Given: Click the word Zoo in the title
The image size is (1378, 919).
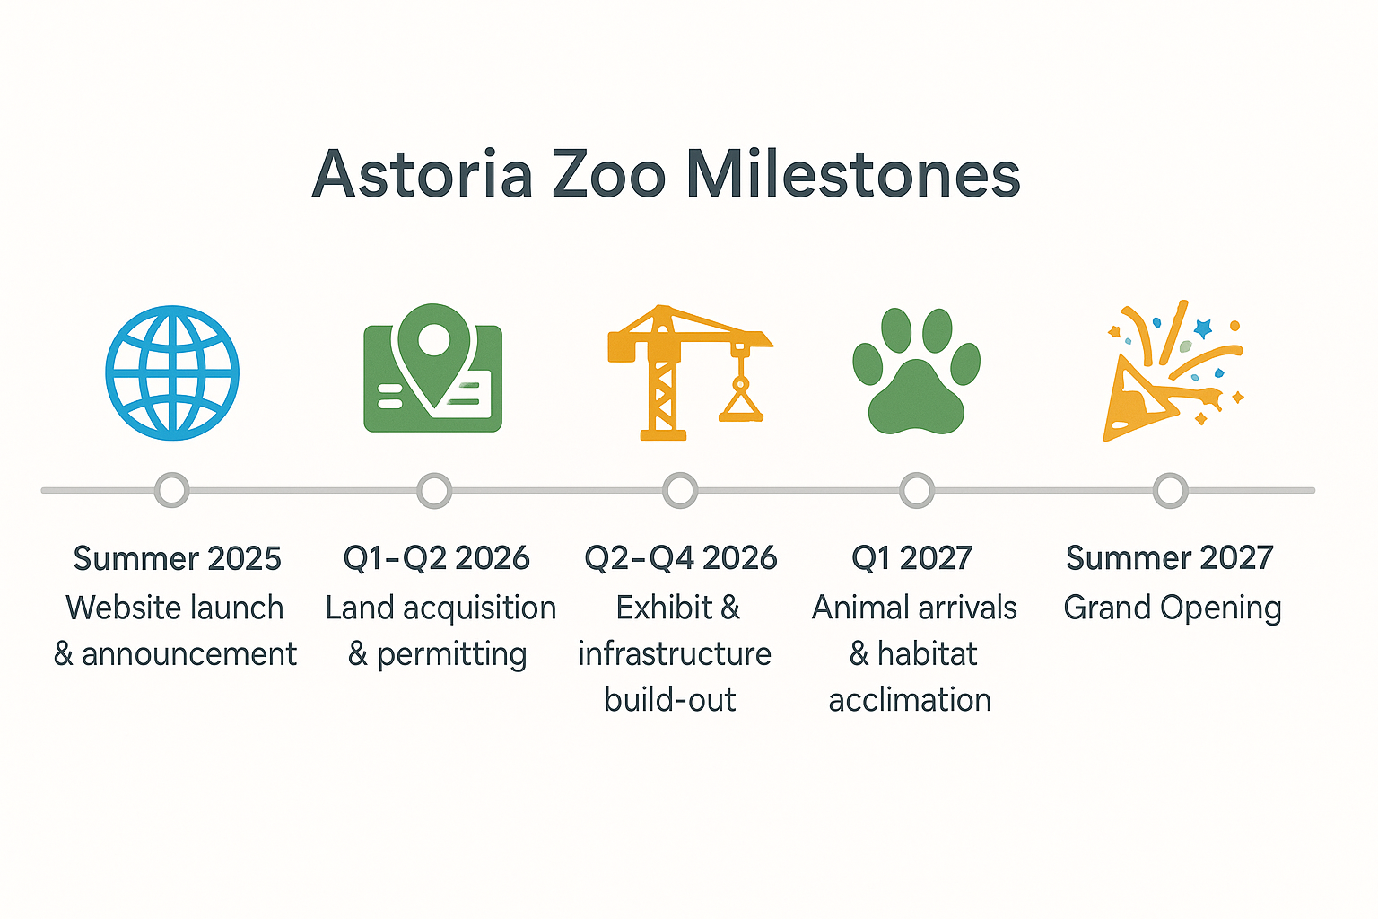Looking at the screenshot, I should (x=608, y=174).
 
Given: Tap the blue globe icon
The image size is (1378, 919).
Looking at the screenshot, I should (x=172, y=372).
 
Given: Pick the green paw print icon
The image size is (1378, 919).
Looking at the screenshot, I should (x=916, y=372).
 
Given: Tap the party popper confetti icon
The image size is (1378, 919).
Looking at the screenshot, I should (x=1171, y=372).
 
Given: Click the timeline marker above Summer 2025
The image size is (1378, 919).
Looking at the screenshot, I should (x=171, y=490).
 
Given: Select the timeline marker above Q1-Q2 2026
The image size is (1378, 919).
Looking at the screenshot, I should (x=434, y=490).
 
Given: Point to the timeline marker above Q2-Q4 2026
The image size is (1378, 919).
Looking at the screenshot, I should (x=680, y=490).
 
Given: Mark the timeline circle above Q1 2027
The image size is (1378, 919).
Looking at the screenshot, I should (x=916, y=490).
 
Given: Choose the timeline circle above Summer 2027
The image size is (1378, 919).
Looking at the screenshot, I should (x=1170, y=490).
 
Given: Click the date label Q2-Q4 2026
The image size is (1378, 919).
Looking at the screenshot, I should (x=680, y=558).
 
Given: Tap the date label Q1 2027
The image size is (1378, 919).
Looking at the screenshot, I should (x=911, y=558).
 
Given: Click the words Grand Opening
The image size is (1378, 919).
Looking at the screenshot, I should (x=1172, y=608).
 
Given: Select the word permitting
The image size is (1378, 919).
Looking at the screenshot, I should (x=451, y=655).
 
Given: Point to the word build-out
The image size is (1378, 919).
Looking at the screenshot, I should (x=669, y=700).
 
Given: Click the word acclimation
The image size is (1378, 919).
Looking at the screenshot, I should (x=910, y=700).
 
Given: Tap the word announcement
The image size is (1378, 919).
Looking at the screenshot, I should (x=188, y=654).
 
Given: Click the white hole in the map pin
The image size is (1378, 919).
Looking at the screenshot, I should (x=434, y=339).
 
